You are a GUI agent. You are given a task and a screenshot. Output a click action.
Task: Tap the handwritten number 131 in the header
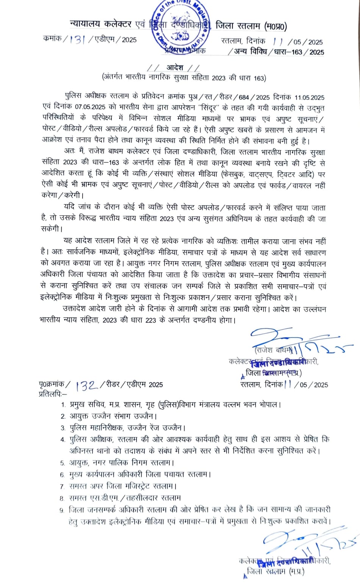77,39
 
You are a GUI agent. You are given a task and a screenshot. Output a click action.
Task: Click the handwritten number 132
86,385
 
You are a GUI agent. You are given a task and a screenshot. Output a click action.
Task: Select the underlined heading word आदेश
175,68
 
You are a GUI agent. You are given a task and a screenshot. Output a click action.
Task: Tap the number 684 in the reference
244,97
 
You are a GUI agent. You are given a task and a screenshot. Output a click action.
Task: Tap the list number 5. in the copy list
63,463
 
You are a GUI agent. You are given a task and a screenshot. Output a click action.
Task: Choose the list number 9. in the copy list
62,510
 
